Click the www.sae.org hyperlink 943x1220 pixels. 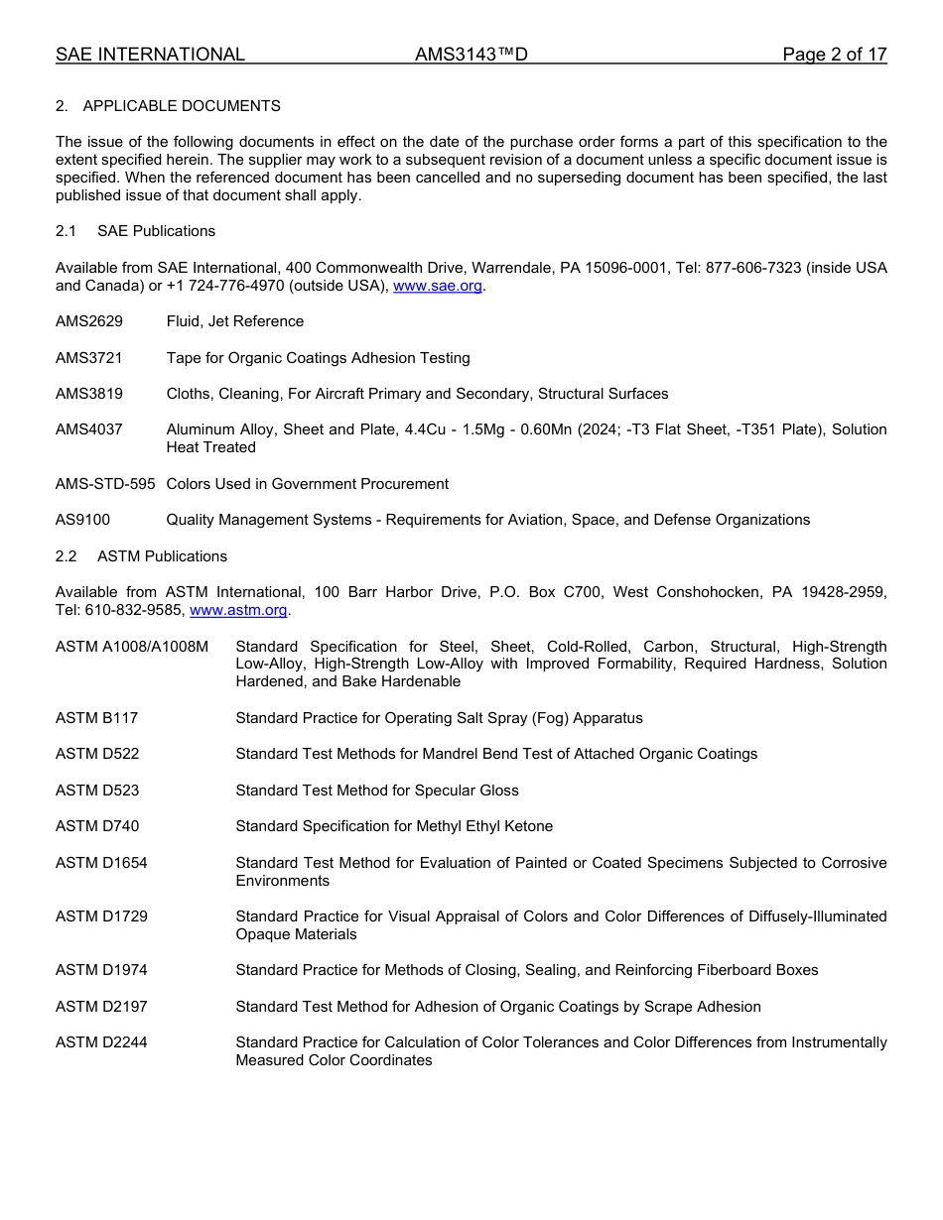coord(438,286)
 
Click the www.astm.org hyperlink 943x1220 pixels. coord(238,610)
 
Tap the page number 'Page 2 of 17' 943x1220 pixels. coord(834,55)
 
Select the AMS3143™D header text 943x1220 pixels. coord(471,55)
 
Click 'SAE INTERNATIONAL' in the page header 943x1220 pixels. coord(150,55)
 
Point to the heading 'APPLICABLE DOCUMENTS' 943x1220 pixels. coord(182,106)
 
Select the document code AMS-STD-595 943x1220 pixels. coord(105,484)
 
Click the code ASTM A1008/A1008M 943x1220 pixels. coord(132,647)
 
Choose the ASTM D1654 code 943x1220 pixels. coord(101,863)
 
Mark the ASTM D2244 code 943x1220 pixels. coord(101,1042)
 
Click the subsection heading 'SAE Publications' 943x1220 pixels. coord(156,231)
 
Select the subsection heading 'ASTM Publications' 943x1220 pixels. coord(162,556)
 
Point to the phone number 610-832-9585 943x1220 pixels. coord(134,610)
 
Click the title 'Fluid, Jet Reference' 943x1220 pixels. coord(235,321)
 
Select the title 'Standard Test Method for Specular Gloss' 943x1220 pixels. coord(377,791)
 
